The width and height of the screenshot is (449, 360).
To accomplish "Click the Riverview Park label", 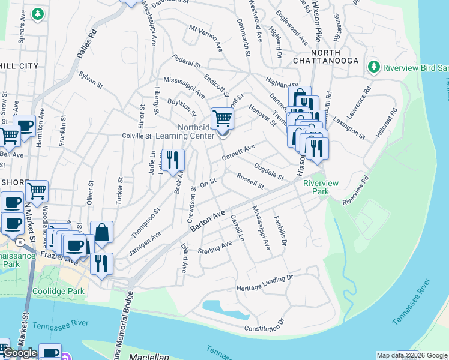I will [316, 187].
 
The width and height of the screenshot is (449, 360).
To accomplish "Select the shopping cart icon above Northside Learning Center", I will [222, 118].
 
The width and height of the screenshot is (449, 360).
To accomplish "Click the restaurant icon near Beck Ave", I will [173, 160].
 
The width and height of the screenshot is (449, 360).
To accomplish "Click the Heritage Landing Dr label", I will [264, 282].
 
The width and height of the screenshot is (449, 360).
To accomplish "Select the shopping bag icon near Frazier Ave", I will [102, 232].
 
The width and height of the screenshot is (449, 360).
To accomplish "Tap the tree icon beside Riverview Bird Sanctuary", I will [374, 66].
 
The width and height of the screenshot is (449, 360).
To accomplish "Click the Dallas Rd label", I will [86, 44].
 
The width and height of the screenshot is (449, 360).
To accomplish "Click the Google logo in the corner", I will [20, 353].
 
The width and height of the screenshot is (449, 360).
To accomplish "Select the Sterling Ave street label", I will [215, 248].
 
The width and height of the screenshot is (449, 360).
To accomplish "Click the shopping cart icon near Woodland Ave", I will [37, 191].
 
